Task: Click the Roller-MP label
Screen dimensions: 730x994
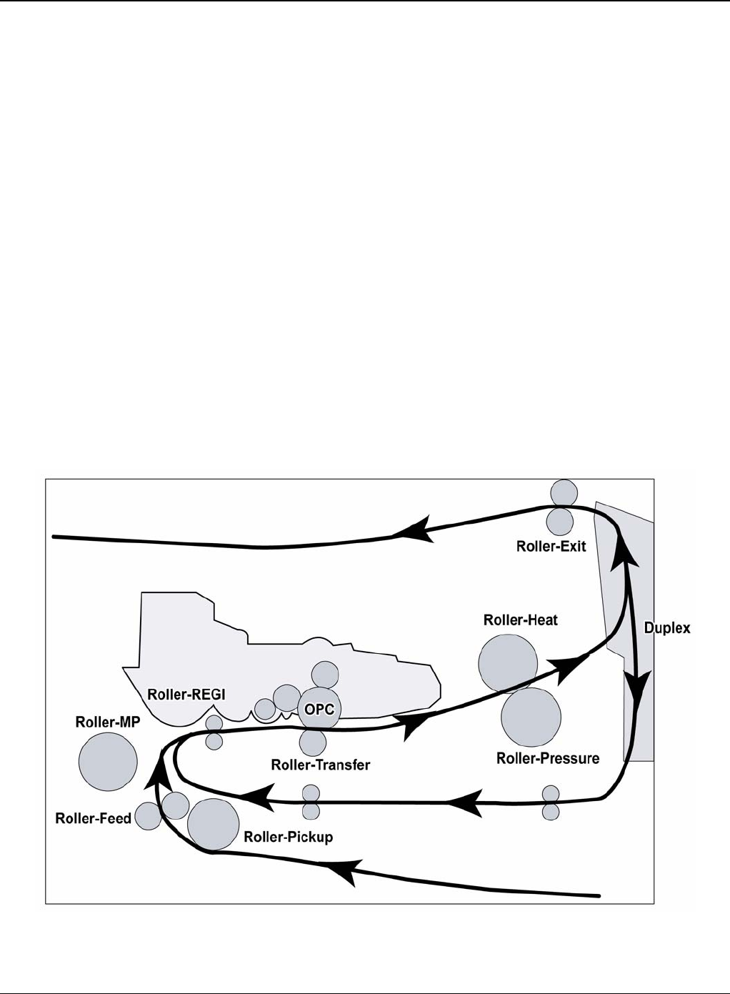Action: (x=108, y=722)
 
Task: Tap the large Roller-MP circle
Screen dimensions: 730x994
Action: (x=108, y=762)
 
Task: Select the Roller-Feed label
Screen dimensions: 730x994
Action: (x=93, y=818)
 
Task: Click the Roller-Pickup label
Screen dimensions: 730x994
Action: (x=289, y=837)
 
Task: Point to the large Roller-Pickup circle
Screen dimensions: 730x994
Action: (x=213, y=825)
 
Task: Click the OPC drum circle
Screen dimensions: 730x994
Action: (x=319, y=710)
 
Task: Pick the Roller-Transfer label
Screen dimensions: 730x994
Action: (x=321, y=765)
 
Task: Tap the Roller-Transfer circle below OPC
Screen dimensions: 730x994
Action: (x=313, y=742)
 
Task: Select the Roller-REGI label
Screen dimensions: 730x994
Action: (x=186, y=695)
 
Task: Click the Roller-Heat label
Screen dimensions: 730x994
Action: (x=521, y=620)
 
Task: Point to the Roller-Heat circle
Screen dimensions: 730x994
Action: (x=508, y=664)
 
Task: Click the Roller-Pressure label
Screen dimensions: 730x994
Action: (x=548, y=758)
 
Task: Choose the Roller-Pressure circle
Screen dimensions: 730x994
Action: (x=531, y=717)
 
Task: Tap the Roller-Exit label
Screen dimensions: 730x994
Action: (x=551, y=546)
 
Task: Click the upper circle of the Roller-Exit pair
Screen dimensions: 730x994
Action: (x=564, y=492)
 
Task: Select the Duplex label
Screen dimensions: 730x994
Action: (x=667, y=628)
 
